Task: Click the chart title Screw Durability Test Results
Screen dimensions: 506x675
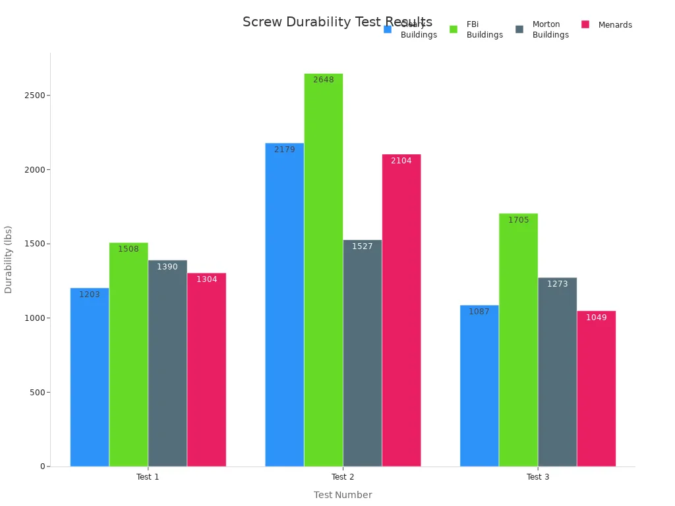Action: point(337,22)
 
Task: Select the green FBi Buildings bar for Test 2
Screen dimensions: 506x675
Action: point(323,270)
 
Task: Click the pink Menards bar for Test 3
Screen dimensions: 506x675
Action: point(596,389)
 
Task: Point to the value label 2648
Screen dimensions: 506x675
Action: point(323,80)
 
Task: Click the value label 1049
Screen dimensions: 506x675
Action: point(596,318)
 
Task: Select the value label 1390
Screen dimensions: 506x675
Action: point(167,267)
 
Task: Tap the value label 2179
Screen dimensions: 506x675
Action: point(284,150)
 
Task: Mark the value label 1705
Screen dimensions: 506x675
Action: point(518,220)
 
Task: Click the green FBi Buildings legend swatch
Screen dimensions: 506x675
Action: point(454,29)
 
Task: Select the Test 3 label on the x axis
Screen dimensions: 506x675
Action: point(537,477)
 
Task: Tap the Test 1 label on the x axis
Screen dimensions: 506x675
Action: point(148,477)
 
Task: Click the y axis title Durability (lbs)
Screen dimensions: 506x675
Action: point(9,259)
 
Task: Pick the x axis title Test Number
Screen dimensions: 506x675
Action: point(342,495)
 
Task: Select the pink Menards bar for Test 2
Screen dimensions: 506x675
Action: point(401,310)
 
